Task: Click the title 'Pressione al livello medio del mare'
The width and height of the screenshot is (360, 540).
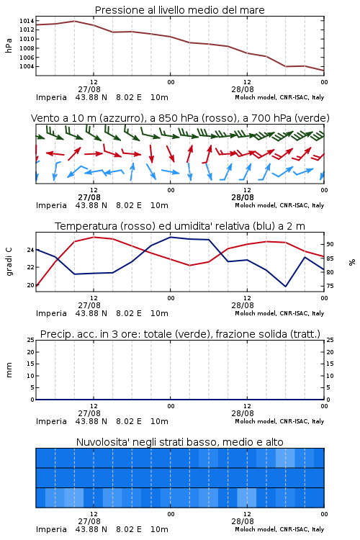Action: (x=179, y=10)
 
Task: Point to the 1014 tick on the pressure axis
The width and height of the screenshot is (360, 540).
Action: (x=27, y=21)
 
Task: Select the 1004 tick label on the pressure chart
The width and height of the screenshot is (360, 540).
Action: (x=27, y=66)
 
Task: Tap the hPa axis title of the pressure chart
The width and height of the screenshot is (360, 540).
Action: (x=9, y=45)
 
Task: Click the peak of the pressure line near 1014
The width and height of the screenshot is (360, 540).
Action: (x=74, y=21)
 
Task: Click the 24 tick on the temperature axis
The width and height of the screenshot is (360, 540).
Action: (x=30, y=250)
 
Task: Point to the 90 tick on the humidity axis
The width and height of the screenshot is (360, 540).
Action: (x=330, y=244)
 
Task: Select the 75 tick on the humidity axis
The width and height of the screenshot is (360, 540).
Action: (x=330, y=286)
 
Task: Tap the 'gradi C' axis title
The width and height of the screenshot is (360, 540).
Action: (x=9, y=262)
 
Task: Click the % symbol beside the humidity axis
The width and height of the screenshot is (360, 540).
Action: (x=352, y=262)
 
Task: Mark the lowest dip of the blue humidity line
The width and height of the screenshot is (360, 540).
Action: (x=285, y=287)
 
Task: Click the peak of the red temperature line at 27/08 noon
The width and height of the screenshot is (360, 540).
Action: (x=94, y=237)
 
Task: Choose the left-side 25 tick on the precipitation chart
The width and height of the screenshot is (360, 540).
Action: (x=30, y=340)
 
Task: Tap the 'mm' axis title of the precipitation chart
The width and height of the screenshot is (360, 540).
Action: (x=9, y=370)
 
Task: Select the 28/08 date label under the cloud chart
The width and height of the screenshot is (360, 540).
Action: (x=243, y=521)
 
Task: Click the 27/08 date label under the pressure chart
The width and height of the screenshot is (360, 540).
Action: (x=89, y=89)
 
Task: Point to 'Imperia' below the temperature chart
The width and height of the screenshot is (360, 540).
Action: (x=51, y=313)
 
